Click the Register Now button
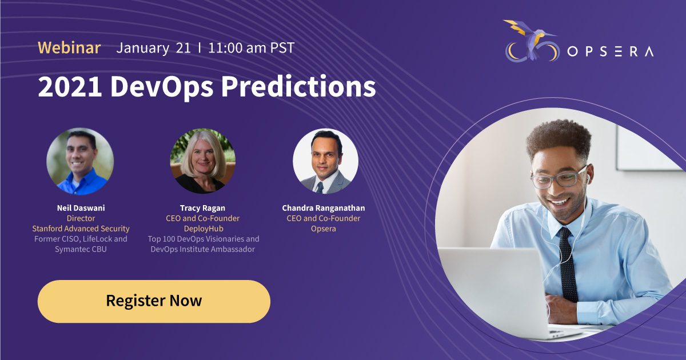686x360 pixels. point(154,301)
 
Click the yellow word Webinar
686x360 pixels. point(69,48)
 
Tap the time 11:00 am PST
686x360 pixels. point(252,48)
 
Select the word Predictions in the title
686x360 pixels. point(298,86)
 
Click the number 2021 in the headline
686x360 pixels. point(70,87)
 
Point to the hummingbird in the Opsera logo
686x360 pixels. point(531,38)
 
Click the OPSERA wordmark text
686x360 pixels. point(611,51)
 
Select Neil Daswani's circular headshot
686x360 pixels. point(80,161)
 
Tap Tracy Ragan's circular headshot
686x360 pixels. point(203,161)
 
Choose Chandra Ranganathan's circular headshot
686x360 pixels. point(325,161)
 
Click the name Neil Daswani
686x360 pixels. point(81,208)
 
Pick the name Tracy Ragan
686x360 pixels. point(202,208)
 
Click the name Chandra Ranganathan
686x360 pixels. point(324,208)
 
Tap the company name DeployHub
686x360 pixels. point(204,229)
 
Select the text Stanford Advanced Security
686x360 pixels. point(81,229)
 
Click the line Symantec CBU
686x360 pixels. point(81,249)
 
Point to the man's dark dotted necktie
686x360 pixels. point(567,264)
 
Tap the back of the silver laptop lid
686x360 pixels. point(493,291)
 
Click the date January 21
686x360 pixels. point(153,48)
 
